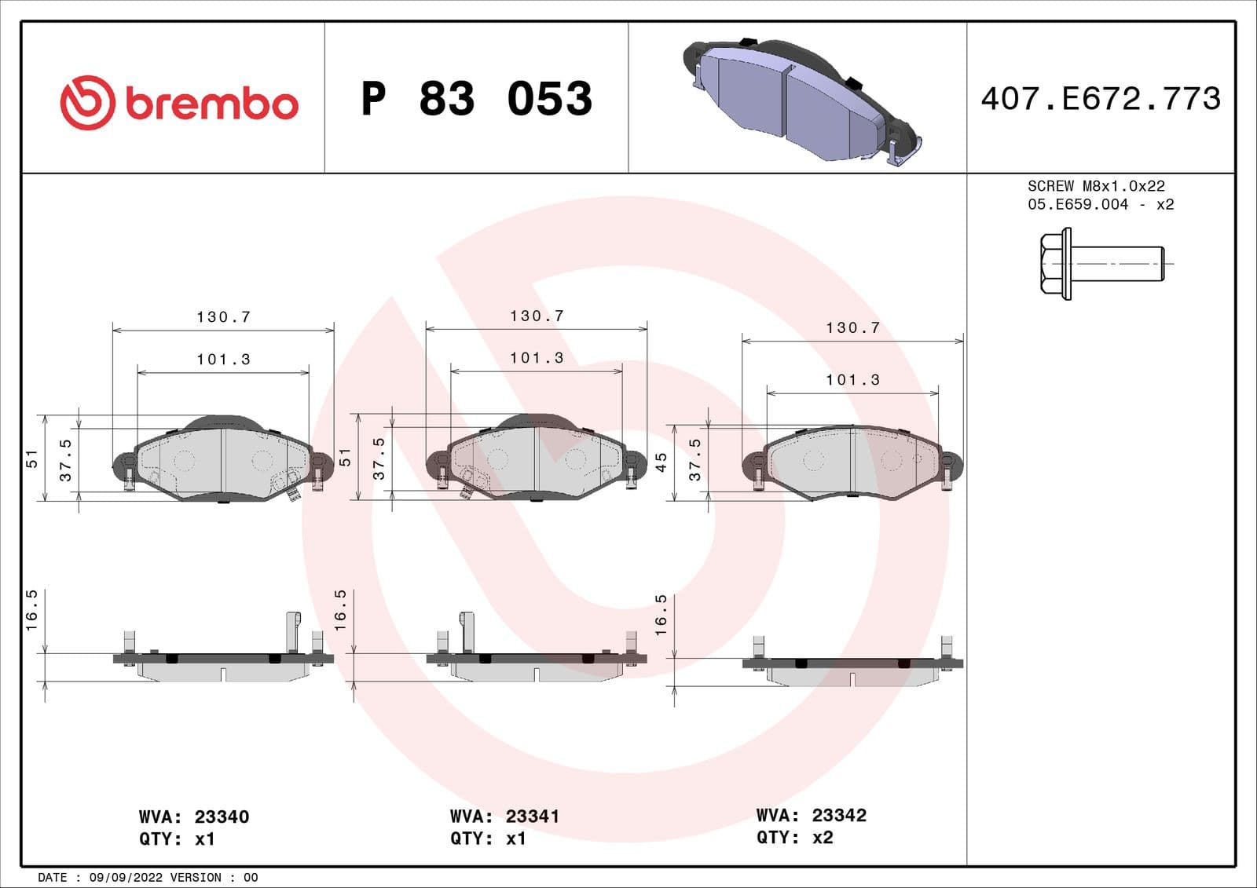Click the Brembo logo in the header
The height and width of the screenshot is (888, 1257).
coord(179,103)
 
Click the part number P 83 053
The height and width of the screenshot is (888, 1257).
coord(476,99)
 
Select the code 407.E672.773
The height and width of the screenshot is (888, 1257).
coord(1101,99)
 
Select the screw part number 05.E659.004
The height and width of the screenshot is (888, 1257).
coord(1078,204)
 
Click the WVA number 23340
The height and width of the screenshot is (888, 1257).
coord(222,817)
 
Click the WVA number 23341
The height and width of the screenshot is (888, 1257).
coord(533,816)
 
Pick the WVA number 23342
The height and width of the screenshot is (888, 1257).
coord(839,815)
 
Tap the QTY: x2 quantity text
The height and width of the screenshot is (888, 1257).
coord(795,837)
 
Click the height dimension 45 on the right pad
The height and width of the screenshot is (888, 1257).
coord(661,462)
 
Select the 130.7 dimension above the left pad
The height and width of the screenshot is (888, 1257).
coord(223,317)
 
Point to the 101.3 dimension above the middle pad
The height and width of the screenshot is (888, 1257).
coord(537,358)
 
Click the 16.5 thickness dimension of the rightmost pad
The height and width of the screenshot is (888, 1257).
coord(661,615)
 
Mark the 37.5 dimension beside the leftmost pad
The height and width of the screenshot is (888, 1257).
coord(66,459)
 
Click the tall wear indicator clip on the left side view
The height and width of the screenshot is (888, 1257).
coord(293,631)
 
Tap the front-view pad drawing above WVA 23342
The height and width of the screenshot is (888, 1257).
coord(852,463)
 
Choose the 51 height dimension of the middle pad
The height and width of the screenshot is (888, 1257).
coord(345,458)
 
